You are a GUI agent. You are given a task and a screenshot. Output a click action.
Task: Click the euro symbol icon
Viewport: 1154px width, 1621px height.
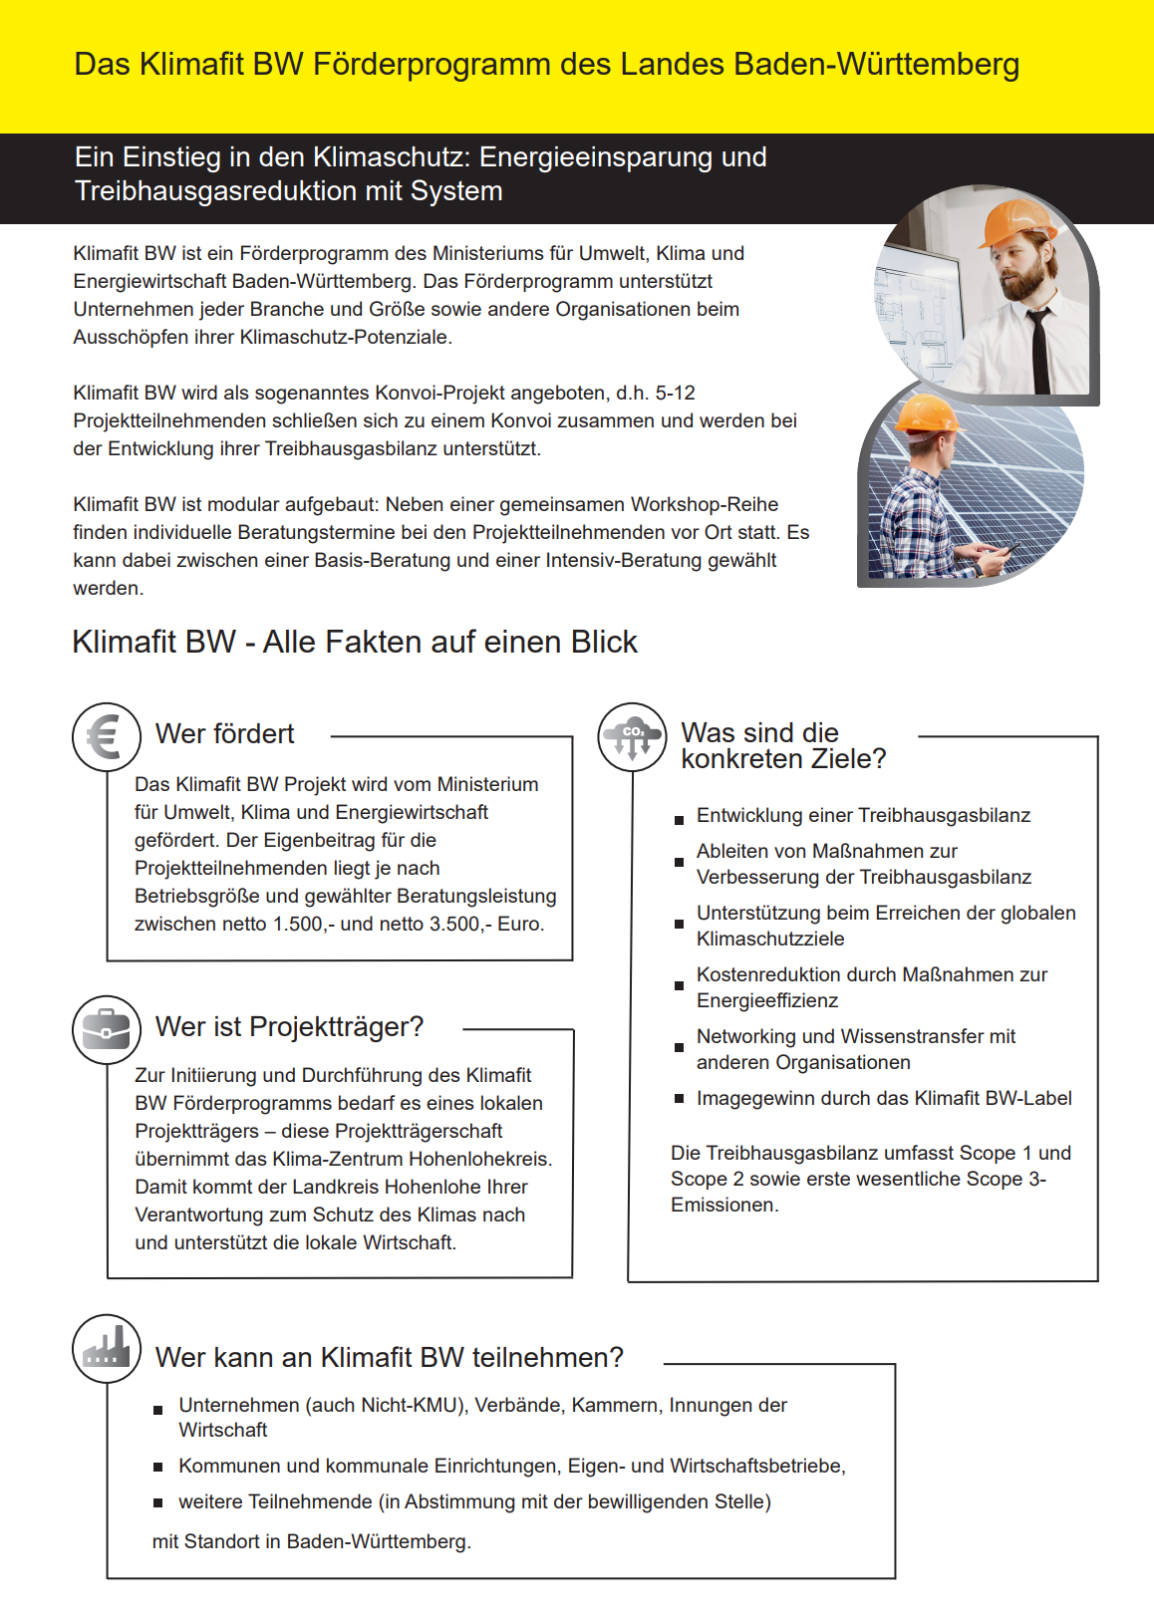tap(106, 737)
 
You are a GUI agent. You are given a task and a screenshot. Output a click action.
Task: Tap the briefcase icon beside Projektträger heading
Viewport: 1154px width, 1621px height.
tap(107, 1029)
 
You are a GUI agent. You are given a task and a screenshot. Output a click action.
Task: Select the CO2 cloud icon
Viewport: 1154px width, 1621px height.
tap(632, 737)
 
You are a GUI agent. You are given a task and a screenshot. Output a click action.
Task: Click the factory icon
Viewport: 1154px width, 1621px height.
tap(107, 1348)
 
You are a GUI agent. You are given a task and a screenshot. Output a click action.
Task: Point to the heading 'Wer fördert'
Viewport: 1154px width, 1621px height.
tap(225, 734)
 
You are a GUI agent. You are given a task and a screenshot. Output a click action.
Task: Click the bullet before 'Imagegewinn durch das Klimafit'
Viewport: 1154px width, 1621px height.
tap(679, 1099)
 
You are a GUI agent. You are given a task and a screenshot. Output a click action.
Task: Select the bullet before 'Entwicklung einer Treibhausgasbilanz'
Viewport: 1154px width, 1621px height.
tap(679, 820)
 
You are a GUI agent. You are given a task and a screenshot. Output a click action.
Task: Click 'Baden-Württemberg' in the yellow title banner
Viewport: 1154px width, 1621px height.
tap(877, 65)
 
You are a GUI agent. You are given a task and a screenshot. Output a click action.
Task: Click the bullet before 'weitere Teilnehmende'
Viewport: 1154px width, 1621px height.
tap(157, 1502)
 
